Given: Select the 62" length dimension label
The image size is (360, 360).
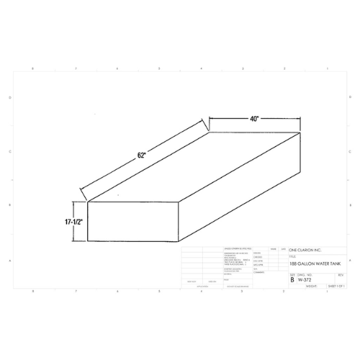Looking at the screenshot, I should coord(143,155).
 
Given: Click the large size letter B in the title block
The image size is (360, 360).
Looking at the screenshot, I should coord(292,279).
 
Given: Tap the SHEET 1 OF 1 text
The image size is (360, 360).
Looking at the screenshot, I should coord(336,286).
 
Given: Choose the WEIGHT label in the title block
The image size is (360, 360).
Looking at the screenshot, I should coord(310,286).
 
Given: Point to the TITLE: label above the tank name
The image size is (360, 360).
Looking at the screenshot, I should coord(293,256).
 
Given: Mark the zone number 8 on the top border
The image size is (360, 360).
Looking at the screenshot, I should coord(34,68).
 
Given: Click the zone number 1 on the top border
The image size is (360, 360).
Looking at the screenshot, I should coord(326,68).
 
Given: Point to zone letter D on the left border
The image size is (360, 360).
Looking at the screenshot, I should coord(9,97).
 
